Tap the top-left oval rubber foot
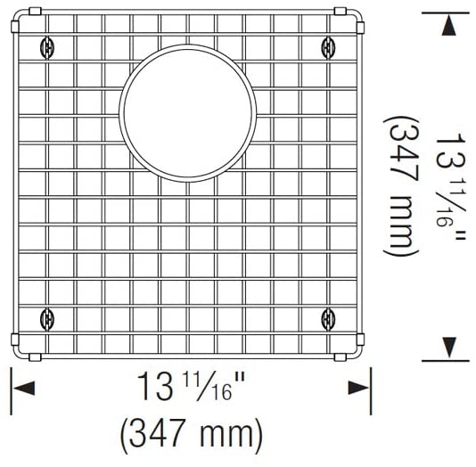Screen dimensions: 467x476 tap(46, 45)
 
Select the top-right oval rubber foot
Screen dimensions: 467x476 tap(328, 45)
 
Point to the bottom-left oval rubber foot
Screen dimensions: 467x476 tap(46, 316)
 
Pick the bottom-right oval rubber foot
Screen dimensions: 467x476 tap(328, 316)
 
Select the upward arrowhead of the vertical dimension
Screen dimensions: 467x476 tap(446, 26)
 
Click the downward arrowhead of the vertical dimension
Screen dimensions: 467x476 tap(446, 346)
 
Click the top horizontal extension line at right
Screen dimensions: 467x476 tap(446, 12)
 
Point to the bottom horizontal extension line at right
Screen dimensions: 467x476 tap(446, 360)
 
